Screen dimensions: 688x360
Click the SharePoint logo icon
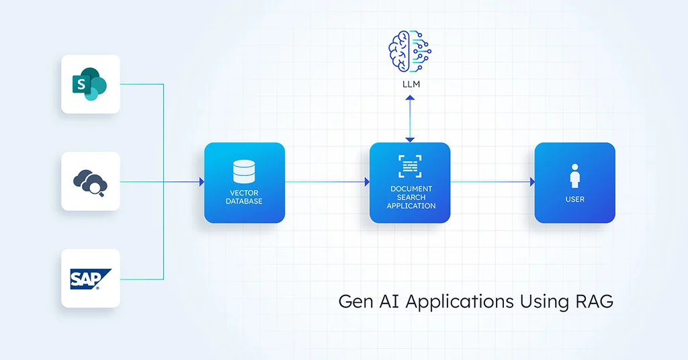click(90, 84)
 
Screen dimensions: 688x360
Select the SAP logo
click(91, 279)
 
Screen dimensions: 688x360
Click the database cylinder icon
click(244, 171)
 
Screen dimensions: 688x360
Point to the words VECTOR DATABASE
click(244, 197)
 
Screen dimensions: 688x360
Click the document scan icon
click(410, 166)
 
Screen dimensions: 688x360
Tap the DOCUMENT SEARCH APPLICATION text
click(411, 197)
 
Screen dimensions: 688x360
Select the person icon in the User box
click(575, 176)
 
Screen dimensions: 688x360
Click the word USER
click(575, 199)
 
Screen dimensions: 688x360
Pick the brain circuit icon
click(410, 51)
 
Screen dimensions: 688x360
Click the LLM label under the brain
click(411, 84)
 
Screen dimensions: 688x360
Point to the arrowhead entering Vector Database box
click(202, 182)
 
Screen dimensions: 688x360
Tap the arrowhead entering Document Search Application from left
click(368, 182)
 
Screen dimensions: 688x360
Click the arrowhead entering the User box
click(532, 182)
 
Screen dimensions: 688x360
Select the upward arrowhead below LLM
click(410, 98)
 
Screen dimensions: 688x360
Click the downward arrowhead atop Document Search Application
click(410, 140)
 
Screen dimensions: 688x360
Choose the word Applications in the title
click(460, 302)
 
